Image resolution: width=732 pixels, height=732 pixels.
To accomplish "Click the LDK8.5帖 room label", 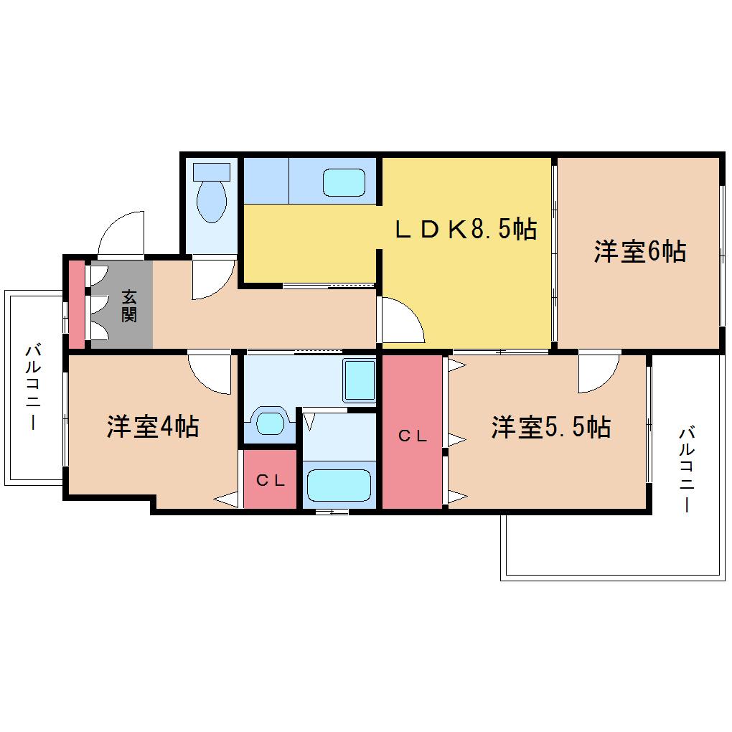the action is click(x=466, y=229).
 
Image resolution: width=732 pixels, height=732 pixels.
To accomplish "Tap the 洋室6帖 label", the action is click(x=640, y=251).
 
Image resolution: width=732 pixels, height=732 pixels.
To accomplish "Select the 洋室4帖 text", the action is click(x=153, y=426).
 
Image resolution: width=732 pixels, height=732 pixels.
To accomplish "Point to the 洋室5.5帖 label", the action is click(x=551, y=427).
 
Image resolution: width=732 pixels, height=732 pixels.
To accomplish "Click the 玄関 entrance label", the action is click(x=129, y=306).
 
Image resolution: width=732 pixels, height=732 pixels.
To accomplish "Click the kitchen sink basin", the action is click(x=344, y=182).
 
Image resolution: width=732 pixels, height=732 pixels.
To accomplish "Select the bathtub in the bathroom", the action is click(x=339, y=486).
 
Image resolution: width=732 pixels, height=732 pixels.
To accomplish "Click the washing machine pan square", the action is click(x=360, y=380).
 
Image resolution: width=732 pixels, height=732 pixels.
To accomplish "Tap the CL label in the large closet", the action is click(x=413, y=436).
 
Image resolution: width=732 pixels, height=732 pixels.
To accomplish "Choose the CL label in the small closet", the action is click(x=271, y=480).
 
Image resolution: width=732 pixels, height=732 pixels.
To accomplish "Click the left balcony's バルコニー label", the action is click(x=33, y=387).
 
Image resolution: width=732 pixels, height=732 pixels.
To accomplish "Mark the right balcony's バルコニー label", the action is click(x=687, y=469).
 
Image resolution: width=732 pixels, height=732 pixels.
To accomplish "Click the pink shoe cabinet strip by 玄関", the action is click(x=77, y=304).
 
